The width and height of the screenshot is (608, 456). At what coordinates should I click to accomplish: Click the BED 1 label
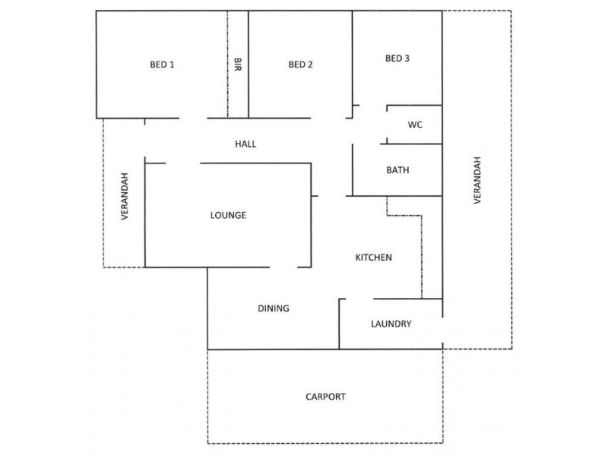pyautogui.click(x=162, y=65)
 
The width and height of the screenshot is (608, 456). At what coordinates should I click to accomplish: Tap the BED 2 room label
pyautogui.click(x=300, y=65)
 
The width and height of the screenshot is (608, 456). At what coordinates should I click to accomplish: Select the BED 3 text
pyautogui.click(x=397, y=59)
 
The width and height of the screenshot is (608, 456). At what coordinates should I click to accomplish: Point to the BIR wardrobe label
pyautogui.click(x=238, y=65)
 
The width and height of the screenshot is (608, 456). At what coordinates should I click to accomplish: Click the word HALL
pyautogui.click(x=245, y=144)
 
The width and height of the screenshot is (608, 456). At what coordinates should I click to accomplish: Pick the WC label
pyautogui.click(x=415, y=125)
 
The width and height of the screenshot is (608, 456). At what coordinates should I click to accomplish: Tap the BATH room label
pyautogui.click(x=397, y=169)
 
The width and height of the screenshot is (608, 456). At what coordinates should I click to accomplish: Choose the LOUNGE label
pyautogui.click(x=228, y=215)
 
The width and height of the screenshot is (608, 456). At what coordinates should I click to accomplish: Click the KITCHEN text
pyautogui.click(x=373, y=257)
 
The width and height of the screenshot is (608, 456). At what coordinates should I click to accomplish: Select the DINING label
pyautogui.click(x=274, y=309)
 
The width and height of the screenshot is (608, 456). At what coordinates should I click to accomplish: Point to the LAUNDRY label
pyautogui.click(x=391, y=324)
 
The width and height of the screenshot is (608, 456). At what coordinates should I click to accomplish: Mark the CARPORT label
pyautogui.click(x=325, y=397)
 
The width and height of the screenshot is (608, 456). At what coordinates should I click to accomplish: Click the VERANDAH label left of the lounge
pyautogui.click(x=125, y=196)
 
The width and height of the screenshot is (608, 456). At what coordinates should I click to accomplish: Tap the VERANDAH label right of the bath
pyautogui.click(x=477, y=180)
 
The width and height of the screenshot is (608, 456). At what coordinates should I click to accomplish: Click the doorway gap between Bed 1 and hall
pyautogui.click(x=193, y=118)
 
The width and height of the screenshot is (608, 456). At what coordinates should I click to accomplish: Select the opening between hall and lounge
pyautogui.click(x=183, y=163)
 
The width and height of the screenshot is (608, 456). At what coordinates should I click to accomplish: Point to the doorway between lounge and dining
pyautogui.click(x=283, y=268)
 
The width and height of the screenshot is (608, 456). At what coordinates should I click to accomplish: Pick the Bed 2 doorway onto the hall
pyautogui.click(x=328, y=118)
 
